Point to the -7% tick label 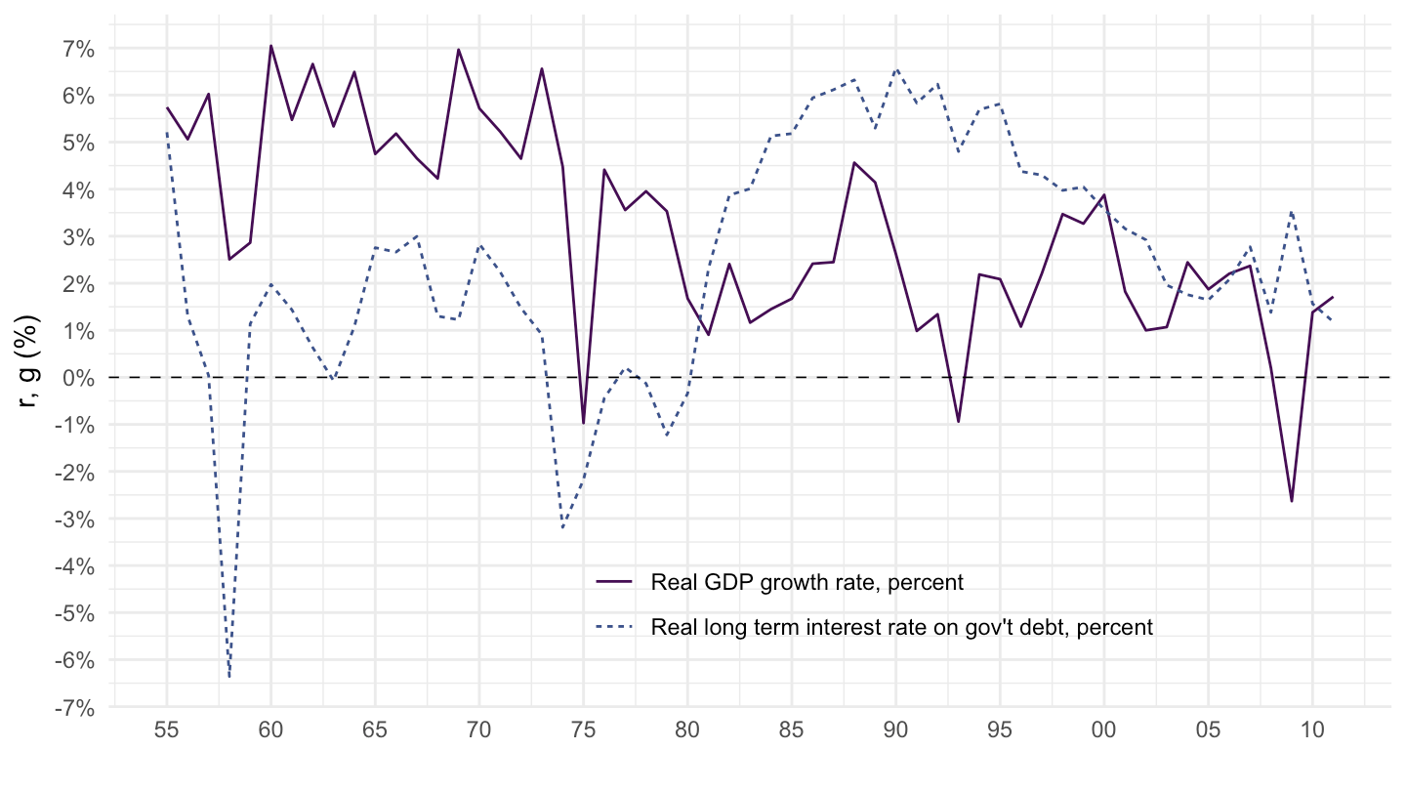tap(75, 707)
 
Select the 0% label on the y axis tap(79, 378)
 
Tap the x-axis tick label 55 tap(167, 730)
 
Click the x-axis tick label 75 tap(584, 730)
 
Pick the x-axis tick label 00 tap(1104, 730)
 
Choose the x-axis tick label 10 tap(1312, 730)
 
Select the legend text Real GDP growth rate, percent tap(806, 583)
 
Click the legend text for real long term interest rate tap(901, 627)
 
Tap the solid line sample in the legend tap(614, 582)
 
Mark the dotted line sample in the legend tap(614, 627)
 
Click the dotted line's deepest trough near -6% tap(229, 676)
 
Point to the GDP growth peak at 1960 tap(270, 46)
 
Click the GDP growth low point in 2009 tap(1292, 501)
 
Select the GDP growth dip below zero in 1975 tap(583, 423)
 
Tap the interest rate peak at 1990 tap(896, 69)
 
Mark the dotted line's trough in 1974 tap(562, 528)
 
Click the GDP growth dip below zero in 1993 tap(959, 422)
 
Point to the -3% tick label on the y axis tap(75, 519)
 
